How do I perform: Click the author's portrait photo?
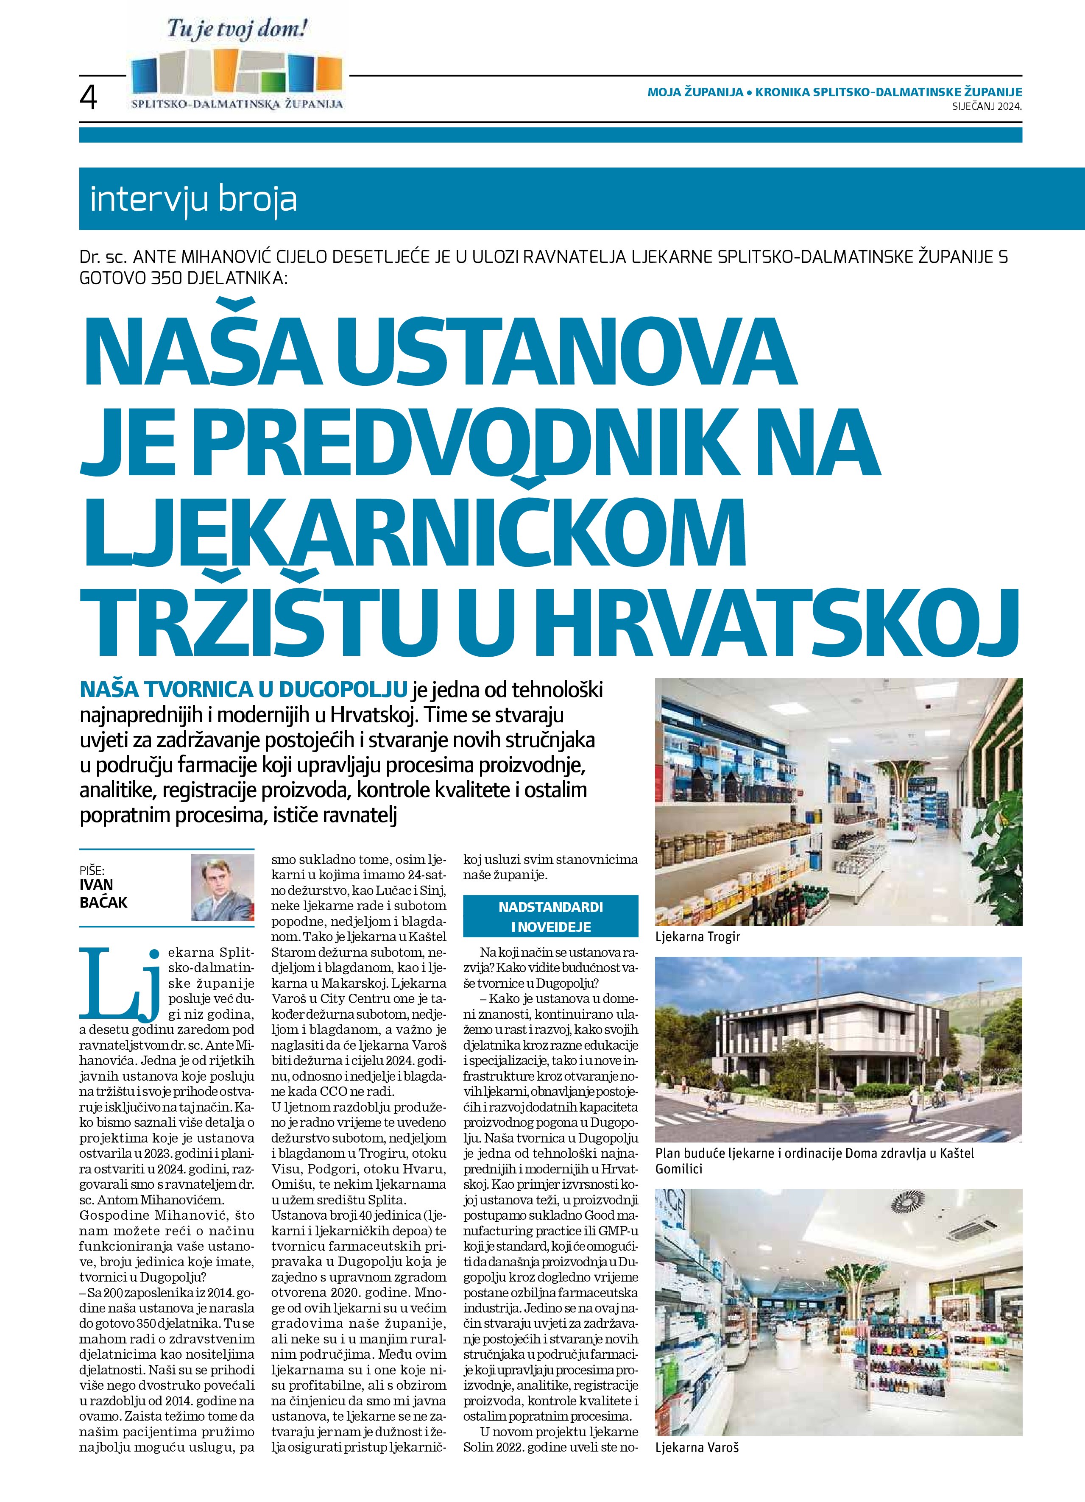223,887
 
